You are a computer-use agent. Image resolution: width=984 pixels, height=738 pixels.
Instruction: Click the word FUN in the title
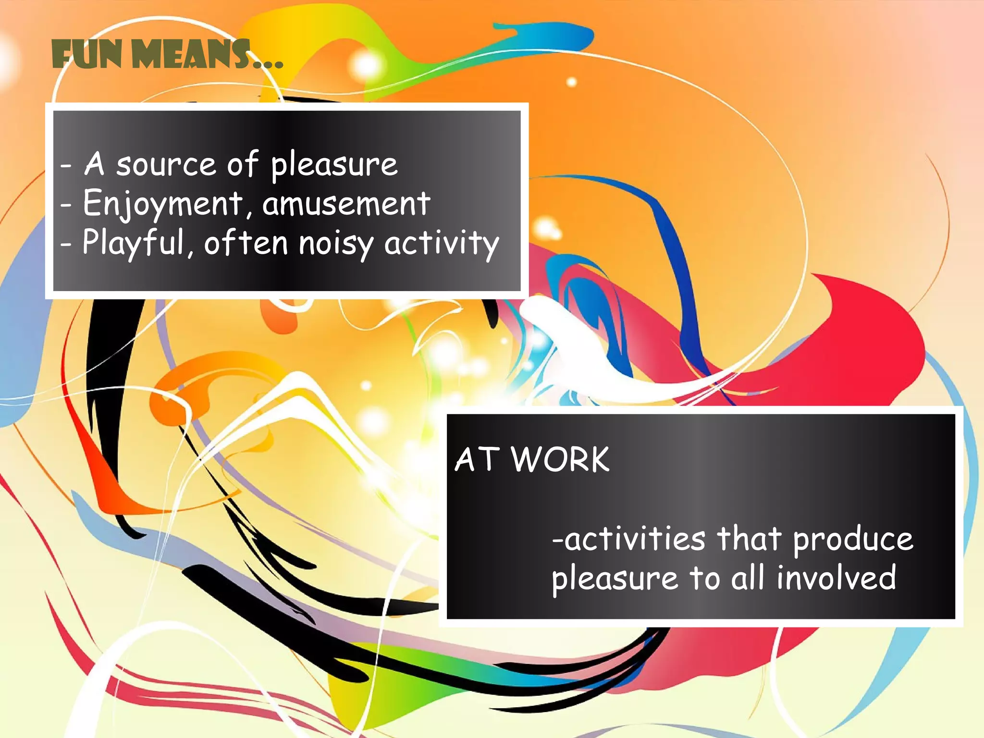(86, 55)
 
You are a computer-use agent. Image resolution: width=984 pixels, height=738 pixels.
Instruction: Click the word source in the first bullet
(166, 165)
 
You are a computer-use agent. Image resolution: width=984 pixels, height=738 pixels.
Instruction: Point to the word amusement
(346, 204)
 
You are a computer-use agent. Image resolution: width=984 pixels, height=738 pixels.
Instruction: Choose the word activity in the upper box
(442, 244)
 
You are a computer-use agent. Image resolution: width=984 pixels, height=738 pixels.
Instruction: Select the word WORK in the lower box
(560, 460)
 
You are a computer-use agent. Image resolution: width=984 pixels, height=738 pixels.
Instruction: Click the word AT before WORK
(476, 460)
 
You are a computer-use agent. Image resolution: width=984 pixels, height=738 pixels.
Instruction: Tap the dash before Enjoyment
(66, 205)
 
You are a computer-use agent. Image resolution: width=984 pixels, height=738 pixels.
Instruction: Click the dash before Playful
(66, 244)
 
